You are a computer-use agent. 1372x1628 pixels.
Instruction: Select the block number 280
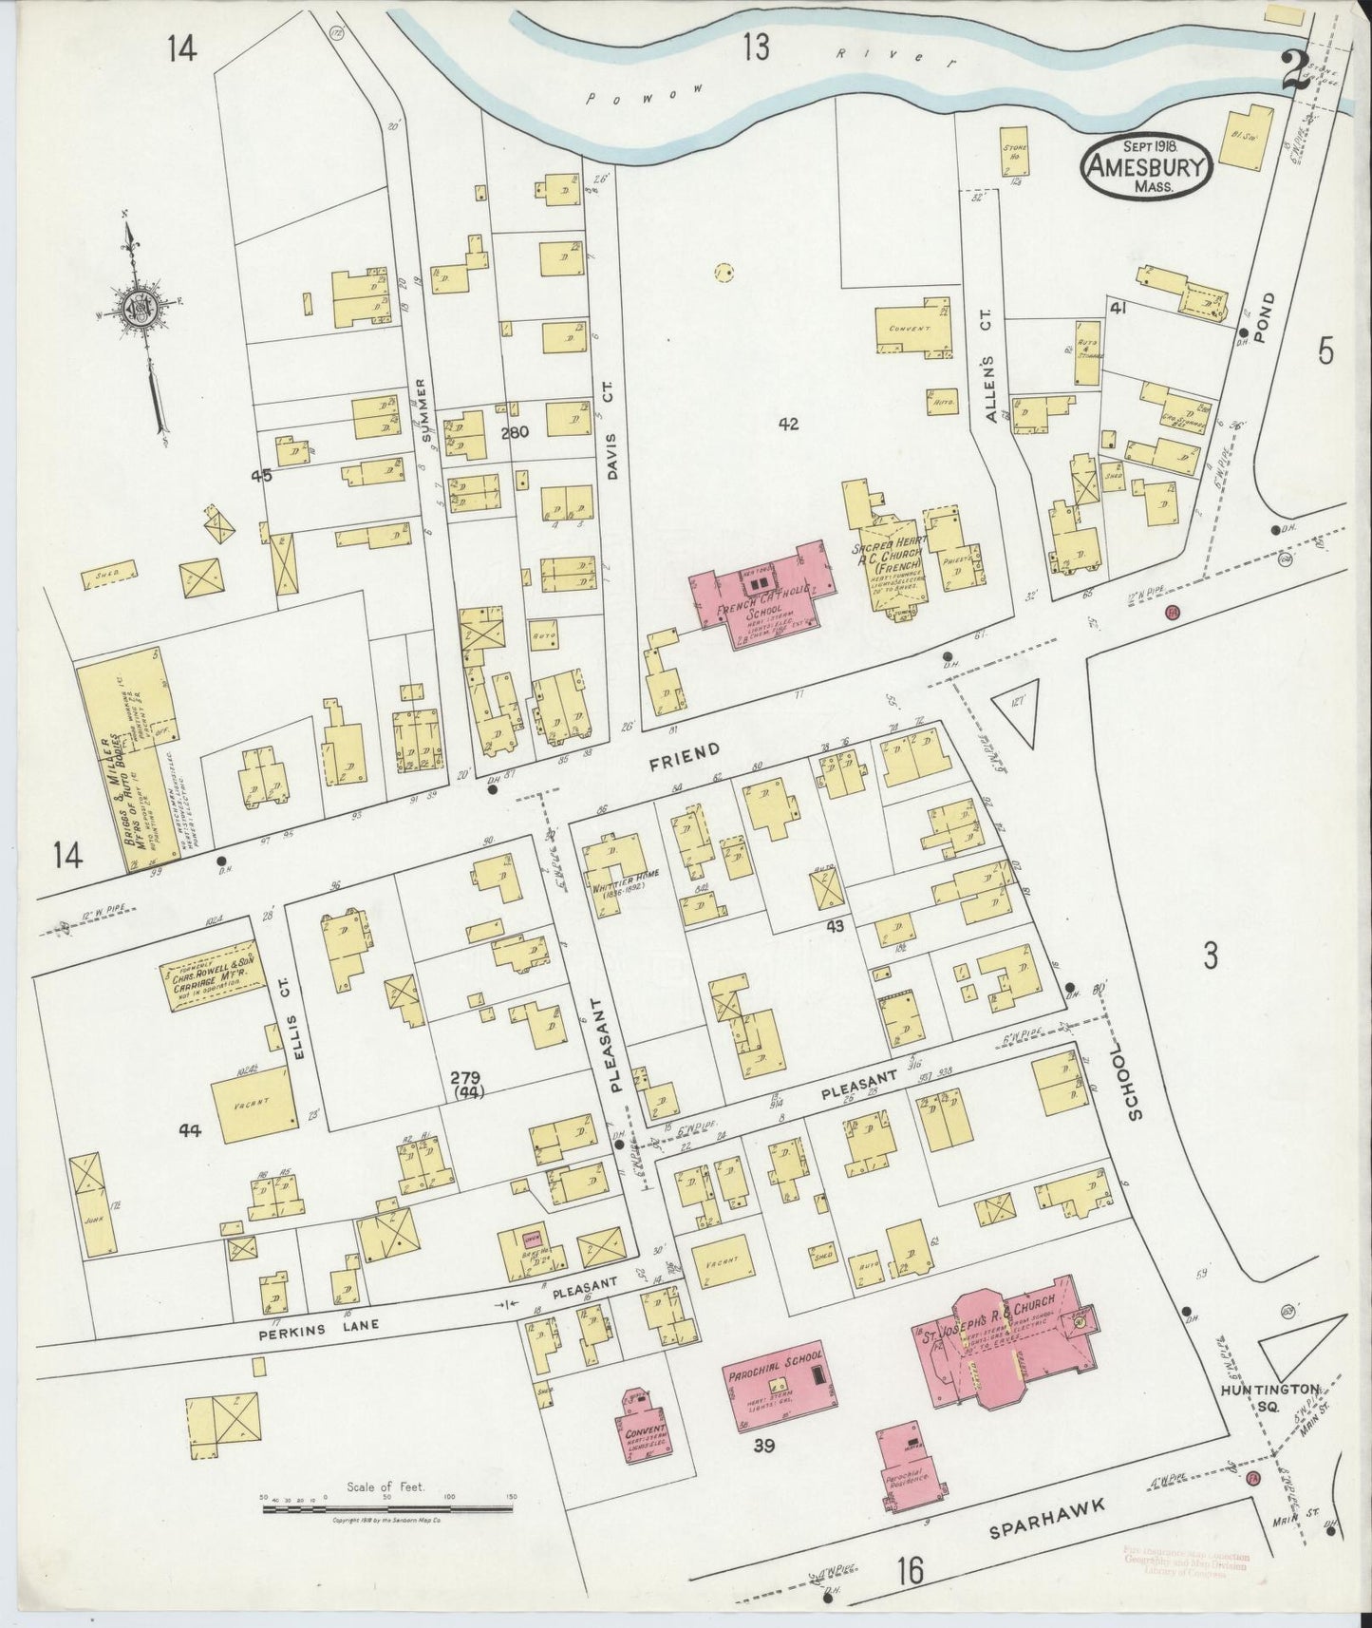[514, 431]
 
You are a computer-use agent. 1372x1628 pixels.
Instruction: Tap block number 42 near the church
[787, 424]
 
